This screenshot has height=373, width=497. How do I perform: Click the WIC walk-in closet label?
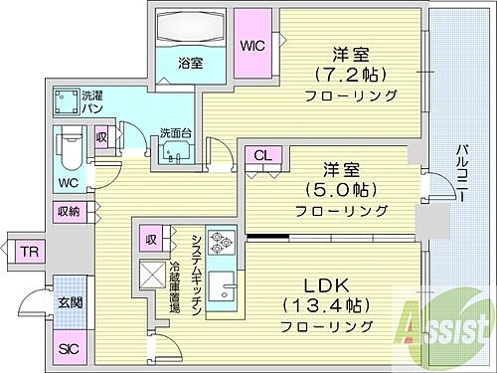coord(251,45)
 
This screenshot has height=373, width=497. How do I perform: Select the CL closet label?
coord(262,155)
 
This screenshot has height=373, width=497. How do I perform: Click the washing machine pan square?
coord(68,103)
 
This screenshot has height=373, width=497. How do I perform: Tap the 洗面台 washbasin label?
coord(176,133)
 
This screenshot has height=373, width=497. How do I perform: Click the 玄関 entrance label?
coord(67,303)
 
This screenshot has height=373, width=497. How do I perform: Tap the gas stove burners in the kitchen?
coord(220,244)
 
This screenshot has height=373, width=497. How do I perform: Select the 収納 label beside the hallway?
coord(68,211)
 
